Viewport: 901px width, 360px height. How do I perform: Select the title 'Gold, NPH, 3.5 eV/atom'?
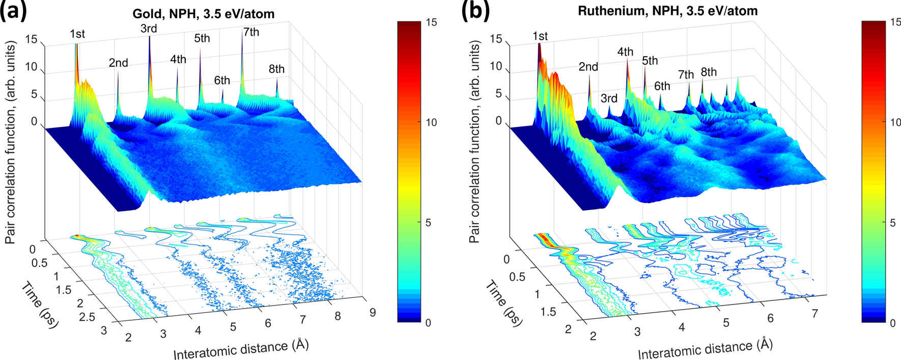point(204,14)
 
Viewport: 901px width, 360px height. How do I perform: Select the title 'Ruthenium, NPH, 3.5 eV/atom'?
point(667,11)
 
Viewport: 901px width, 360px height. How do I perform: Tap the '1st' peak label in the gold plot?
point(77,34)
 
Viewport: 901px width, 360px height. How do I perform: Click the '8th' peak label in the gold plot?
point(276,69)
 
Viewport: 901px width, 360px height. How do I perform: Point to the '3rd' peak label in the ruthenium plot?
point(609,98)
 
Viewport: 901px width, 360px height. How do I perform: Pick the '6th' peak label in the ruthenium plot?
point(662,86)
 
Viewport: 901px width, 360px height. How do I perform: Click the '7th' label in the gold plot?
point(251,32)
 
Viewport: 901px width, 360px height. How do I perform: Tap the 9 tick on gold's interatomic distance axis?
point(373,312)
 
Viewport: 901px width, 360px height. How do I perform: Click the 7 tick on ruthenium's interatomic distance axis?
point(815,314)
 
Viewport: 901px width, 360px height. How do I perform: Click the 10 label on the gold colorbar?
point(431,122)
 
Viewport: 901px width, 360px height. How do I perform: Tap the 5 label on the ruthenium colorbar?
point(892,223)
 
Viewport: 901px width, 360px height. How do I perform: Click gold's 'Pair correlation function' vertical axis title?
point(11,143)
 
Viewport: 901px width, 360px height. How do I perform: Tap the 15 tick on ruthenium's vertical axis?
point(495,39)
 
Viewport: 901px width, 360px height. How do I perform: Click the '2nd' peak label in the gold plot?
point(118,63)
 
